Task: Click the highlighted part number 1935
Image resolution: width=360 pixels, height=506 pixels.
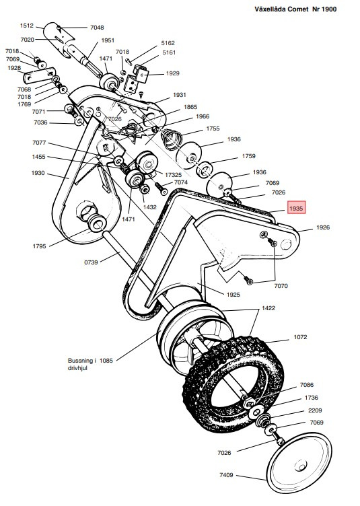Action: pyautogui.click(x=296, y=209)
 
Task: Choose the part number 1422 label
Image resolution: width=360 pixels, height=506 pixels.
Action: pyautogui.click(x=269, y=308)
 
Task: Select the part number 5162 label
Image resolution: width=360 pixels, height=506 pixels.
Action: pyautogui.click(x=168, y=42)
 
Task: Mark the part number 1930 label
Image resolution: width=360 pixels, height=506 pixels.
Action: pyautogui.click(x=38, y=173)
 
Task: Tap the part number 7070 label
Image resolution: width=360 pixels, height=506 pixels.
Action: pyautogui.click(x=281, y=285)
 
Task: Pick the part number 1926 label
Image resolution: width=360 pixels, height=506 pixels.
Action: pyautogui.click(x=323, y=228)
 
